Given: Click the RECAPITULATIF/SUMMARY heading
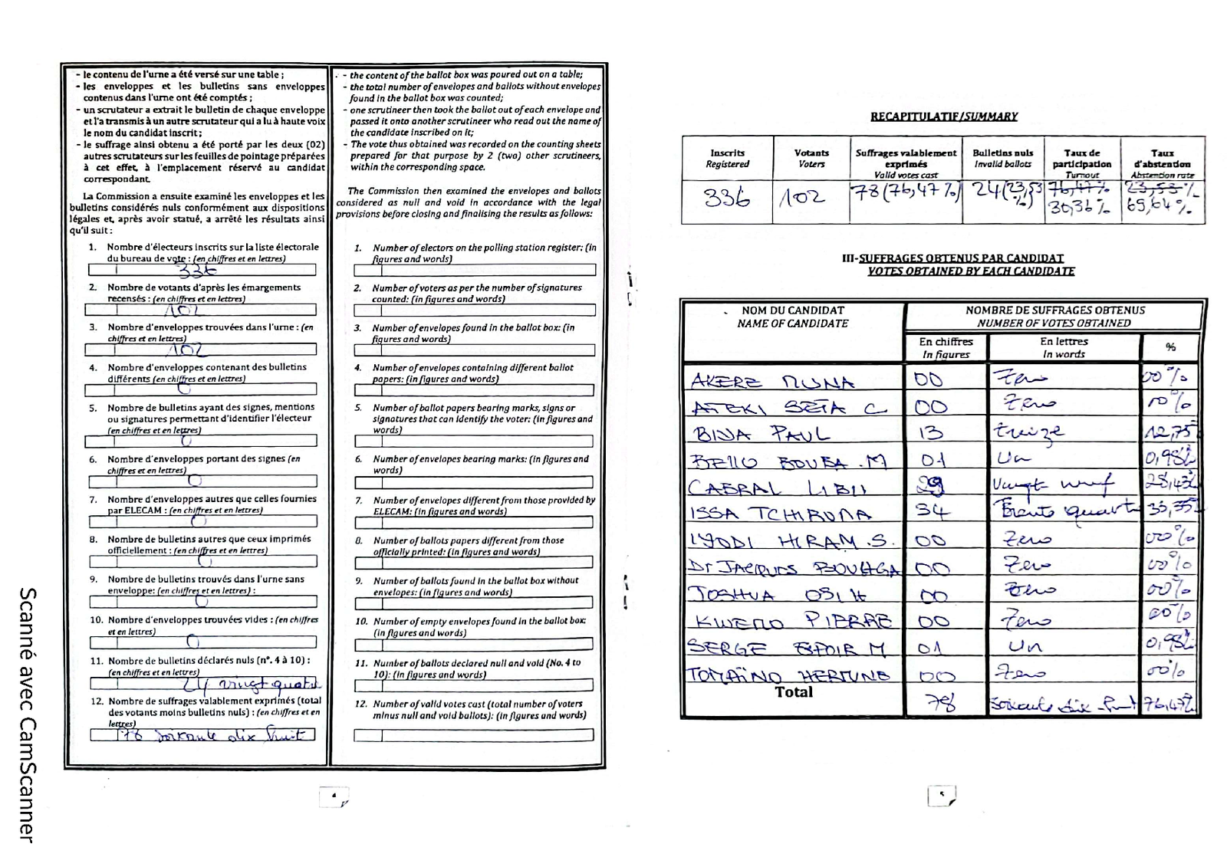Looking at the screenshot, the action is point(943,117).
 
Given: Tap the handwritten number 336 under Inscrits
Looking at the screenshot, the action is point(726,199).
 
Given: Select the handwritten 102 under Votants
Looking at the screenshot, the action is point(803,199).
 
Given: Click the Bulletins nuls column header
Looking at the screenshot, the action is point(1002,158).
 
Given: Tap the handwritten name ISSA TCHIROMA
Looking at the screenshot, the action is point(780,514).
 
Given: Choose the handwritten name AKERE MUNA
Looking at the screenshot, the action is point(771,382).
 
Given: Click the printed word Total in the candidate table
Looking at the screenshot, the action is point(793,692).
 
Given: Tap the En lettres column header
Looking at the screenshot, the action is point(1064,347).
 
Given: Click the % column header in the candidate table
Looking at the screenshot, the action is point(1170,347).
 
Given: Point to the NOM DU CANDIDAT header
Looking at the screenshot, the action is point(792,317).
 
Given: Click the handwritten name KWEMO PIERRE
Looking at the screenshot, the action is point(793,621).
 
